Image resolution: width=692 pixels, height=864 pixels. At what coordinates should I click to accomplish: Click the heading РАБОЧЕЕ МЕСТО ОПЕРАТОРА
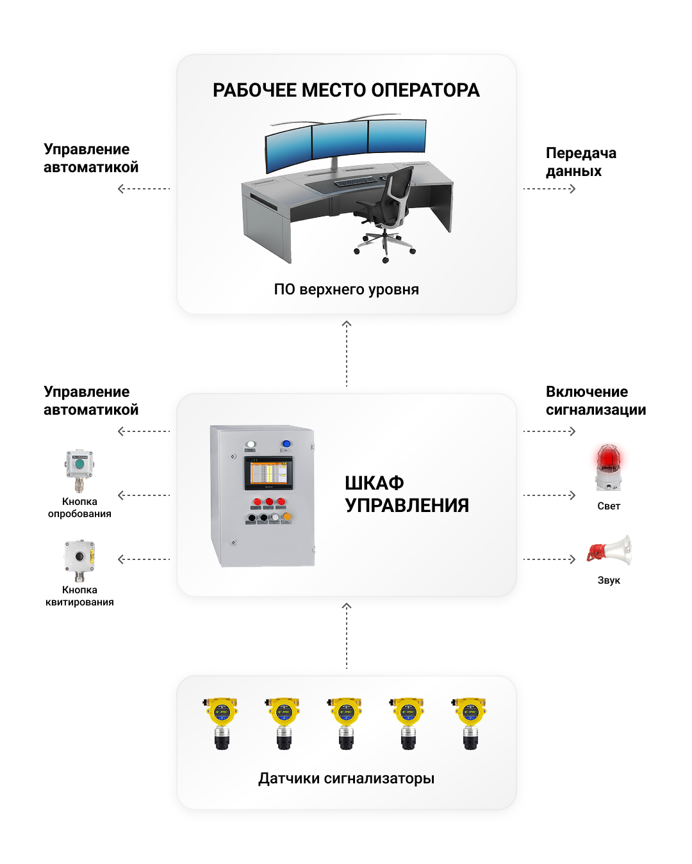tap(346, 90)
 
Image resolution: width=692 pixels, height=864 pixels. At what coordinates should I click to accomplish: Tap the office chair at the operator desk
tap(388, 211)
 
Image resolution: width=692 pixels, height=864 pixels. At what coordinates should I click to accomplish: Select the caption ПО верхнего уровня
tap(346, 289)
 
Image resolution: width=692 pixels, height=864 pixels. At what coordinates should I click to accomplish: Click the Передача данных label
tap(581, 162)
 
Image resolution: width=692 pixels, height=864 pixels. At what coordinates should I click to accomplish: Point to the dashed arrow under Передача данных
tap(550, 189)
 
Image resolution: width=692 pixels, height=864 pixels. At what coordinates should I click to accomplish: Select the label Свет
tap(609, 506)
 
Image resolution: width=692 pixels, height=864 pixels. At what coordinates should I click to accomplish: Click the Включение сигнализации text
tap(595, 401)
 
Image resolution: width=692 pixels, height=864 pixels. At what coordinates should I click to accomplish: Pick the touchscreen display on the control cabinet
tap(268, 474)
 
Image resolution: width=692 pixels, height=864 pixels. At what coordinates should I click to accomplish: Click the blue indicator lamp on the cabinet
tap(286, 444)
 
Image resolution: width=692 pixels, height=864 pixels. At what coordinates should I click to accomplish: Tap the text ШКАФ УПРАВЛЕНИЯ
tap(406, 494)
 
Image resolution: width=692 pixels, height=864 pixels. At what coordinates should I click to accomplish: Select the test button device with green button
tap(79, 469)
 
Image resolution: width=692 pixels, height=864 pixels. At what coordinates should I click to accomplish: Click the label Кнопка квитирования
tap(79, 596)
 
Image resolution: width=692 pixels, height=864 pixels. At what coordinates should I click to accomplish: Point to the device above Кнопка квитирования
tap(79, 559)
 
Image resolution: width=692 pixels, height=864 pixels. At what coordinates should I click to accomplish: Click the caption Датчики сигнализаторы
tap(346, 778)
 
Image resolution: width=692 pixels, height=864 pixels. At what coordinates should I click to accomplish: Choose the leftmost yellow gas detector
tap(221, 723)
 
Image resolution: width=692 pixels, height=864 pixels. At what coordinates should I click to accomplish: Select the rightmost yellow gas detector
tap(470, 723)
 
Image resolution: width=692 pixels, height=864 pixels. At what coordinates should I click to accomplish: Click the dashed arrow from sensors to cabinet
tap(347, 636)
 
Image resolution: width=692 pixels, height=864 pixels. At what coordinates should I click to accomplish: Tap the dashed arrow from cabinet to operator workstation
tap(347, 353)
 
